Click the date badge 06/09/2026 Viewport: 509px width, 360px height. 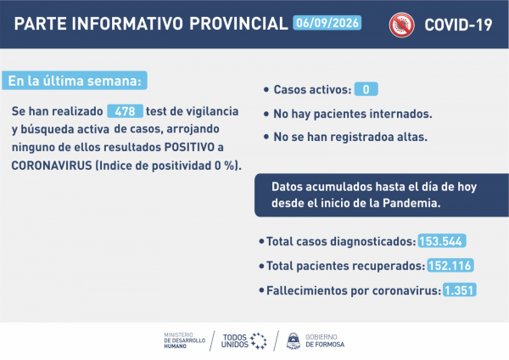[327, 23]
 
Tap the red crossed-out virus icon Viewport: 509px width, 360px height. [401, 25]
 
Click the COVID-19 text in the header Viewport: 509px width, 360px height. [458, 25]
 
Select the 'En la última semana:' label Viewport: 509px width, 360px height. [75, 81]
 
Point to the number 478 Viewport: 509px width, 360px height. [125, 111]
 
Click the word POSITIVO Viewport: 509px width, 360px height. [189, 147]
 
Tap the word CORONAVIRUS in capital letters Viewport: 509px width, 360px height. [52, 166]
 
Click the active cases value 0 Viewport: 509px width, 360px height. [366, 89]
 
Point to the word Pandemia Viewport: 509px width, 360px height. [411, 203]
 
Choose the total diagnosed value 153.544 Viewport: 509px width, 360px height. [442, 241]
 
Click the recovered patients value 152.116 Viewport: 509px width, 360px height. [450, 266]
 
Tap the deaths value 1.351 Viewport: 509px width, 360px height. [459, 290]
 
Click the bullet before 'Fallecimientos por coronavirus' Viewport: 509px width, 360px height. [261, 290]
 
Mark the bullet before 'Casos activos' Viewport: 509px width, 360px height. [266, 89]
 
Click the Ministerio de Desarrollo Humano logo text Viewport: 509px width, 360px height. [184, 340]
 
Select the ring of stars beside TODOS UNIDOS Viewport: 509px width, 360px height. [259, 340]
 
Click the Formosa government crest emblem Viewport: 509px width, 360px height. [294, 340]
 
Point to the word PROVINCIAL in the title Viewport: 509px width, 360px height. [238, 24]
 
